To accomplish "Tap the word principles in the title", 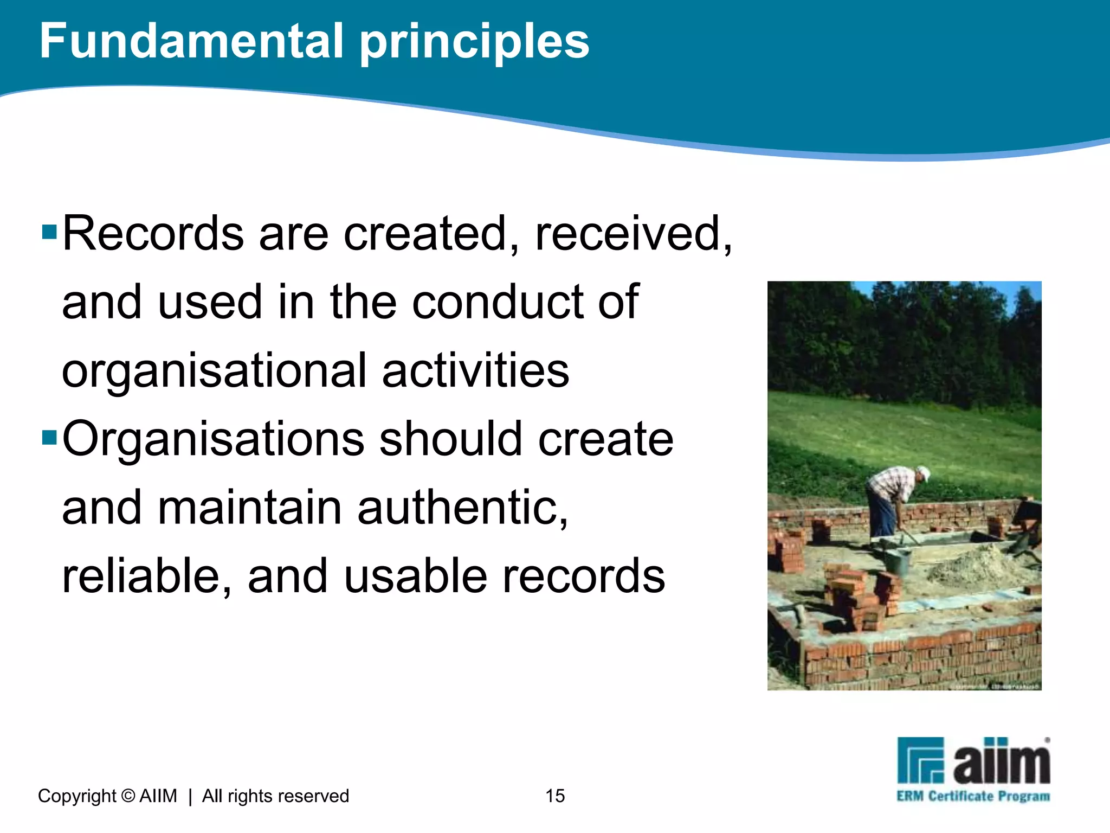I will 474,43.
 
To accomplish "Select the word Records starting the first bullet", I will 153,234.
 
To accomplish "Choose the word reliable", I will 146,576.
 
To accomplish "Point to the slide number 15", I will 555,796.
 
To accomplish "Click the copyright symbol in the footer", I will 128,796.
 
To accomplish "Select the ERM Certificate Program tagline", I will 973,797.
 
